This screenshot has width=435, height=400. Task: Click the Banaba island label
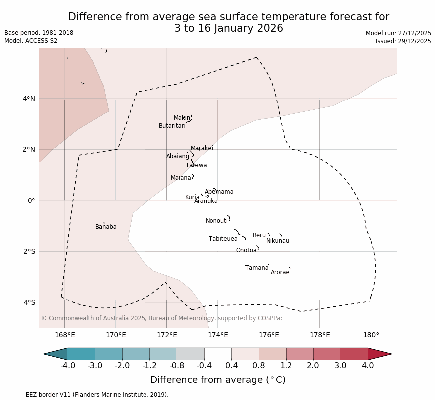(x=106, y=227)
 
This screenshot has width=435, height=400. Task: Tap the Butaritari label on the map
(x=172, y=126)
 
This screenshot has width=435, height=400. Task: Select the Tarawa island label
(x=196, y=165)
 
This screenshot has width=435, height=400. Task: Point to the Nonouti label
(x=217, y=221)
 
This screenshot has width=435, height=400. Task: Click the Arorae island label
(x=280, y=272)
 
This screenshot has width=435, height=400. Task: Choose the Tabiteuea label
(x=223, y=239)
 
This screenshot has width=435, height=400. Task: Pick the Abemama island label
(x=219, y=192)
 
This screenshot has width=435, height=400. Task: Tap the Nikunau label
(x=277, y=241)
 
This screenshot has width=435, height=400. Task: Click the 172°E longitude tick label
(x=166, y=335)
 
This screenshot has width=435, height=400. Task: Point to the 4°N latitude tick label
(x=29, y=99)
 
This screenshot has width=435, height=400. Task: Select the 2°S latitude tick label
(x=29, y=251)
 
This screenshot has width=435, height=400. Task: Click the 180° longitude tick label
(x=371, y=335)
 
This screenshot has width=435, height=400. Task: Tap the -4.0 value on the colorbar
(x=68, y=366)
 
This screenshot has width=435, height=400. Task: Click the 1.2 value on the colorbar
(x=286, y=366)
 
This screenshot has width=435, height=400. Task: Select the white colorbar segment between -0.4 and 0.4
(x=218, y=354)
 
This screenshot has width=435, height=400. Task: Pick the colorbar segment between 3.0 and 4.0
(x=354, y=354)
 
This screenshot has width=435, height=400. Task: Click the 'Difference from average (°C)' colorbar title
(x=218, y=380)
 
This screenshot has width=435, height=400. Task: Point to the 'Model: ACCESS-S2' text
(x=31, y=41)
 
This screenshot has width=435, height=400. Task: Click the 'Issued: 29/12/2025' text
(x=403, y=41)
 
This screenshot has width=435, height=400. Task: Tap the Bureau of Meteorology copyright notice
(x=162, y=318)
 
